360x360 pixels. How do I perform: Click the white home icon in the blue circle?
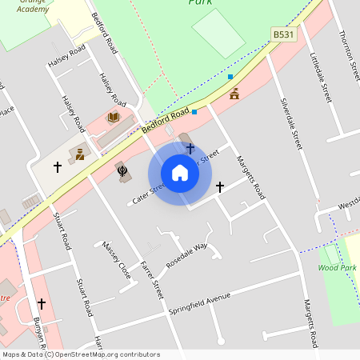click(180, 174)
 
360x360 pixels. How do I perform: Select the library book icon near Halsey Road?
click(114, 118)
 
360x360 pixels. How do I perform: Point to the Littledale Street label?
click(320, 77)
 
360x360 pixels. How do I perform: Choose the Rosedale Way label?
click(186, 254)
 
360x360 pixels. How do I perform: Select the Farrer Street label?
click(151, 279)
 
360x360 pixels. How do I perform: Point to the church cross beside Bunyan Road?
click(42, 304)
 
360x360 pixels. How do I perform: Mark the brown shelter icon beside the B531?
click(234, 94)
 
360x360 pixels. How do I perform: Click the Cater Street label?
click(148, 192)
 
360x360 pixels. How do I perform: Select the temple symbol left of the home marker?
click(122, 170)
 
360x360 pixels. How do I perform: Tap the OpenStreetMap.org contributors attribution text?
click(109, 354)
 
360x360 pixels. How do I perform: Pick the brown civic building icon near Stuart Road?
click(80, 153)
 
